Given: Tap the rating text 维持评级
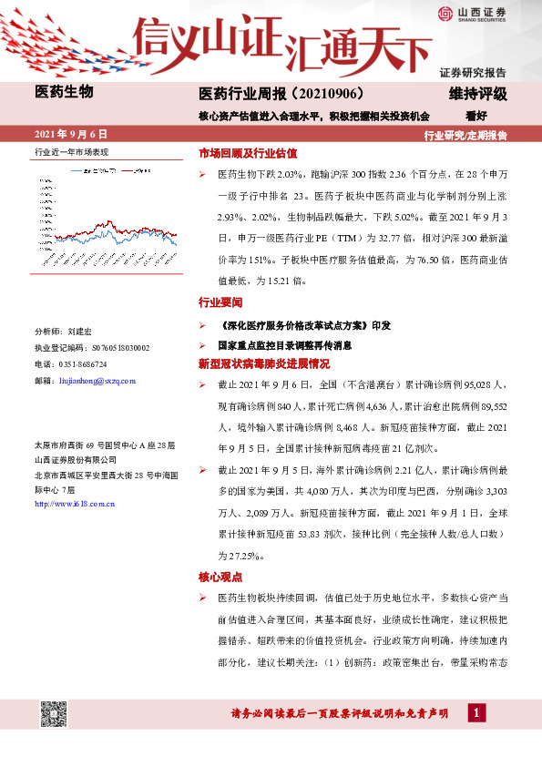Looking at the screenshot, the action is click(478, 94).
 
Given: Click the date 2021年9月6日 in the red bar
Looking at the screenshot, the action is click(71, 134).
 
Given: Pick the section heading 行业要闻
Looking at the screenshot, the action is click(220, 302).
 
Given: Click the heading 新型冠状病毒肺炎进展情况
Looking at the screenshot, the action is click(258, 363).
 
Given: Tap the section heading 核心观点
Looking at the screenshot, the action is click(220, 576).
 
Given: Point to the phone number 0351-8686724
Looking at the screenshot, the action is click(88, 363).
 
